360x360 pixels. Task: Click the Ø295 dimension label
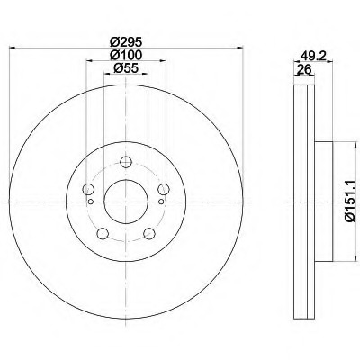click(x=125, y=41)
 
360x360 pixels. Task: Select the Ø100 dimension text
click(x=125, y=55)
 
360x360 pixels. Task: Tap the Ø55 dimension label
click(x=125, y=68)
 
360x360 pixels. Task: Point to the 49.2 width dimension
click(x=313, y=56)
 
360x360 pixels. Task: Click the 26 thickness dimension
click(x=304, y=69)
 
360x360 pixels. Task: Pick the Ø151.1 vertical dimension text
click(x=350, y=202)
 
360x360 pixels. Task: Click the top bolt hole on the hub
click(x=126, y=162)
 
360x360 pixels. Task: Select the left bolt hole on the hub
click(x=88, y=189)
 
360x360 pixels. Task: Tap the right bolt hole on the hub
click(x=164, y=189)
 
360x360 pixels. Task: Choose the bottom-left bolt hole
click(x=103, y=234)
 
